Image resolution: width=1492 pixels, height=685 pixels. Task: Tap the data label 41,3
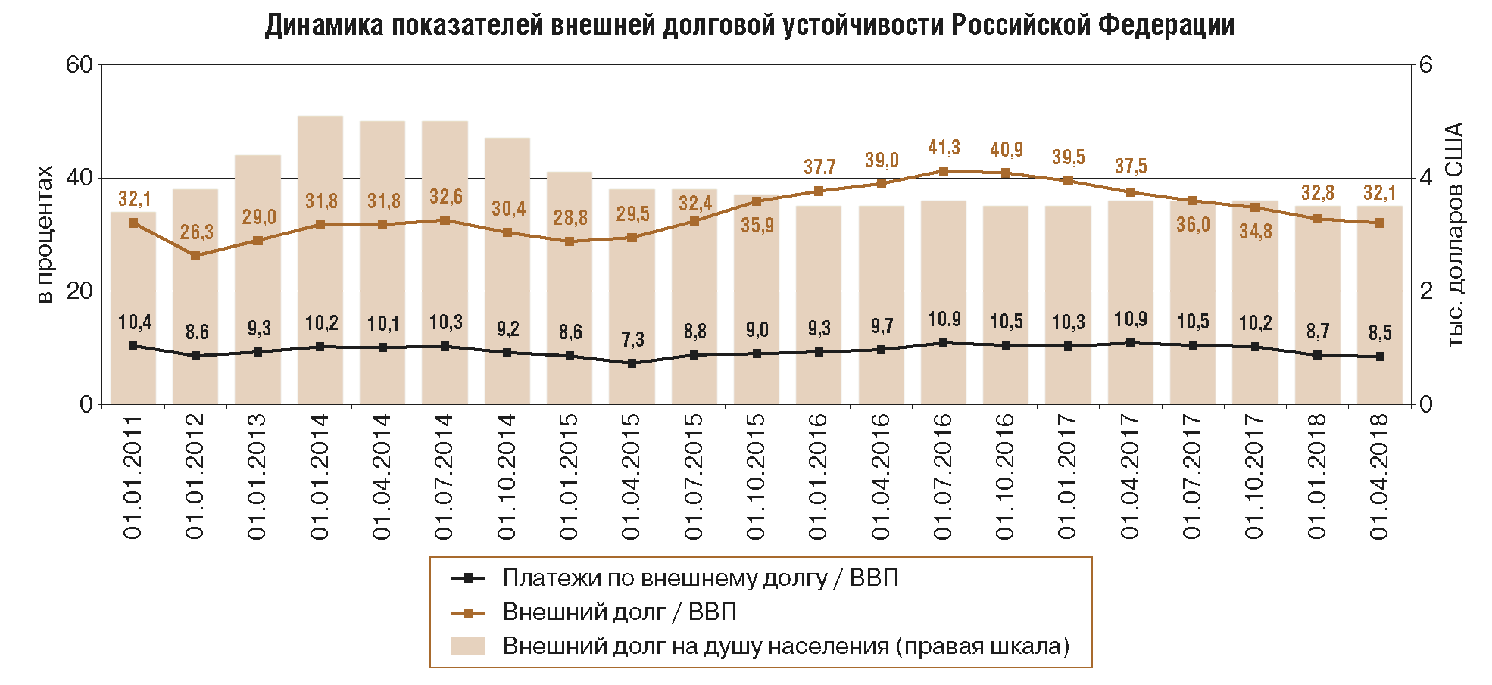[944, 148]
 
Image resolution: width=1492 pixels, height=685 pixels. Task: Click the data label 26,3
[196, 232]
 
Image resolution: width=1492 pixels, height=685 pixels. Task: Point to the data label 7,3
[632, 340]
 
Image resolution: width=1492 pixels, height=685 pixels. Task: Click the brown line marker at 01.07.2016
[944, 171]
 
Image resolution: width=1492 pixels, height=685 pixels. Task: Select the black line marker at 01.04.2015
[632, 363]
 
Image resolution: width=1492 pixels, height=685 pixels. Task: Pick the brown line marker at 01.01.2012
[195, 256]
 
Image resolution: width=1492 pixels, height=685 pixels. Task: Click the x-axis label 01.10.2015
[757, 477]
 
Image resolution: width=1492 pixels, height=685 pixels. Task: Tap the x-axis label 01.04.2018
[1379, 477]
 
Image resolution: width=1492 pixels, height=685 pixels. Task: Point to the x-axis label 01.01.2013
[258, 477]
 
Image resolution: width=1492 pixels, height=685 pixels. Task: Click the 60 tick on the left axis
[80, 65]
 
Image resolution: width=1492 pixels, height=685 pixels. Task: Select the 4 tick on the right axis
[1426, 178]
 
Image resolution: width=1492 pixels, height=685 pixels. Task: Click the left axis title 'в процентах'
[45, 235]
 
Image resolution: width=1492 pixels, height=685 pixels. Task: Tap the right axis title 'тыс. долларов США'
[1455, 235]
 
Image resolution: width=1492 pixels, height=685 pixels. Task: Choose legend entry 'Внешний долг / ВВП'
[619, 612]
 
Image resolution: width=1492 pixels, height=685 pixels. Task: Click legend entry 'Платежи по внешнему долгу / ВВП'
[700, 578]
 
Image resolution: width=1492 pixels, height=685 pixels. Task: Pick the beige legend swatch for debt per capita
[467, 646]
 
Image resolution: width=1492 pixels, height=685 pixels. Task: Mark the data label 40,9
[1006, 150]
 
